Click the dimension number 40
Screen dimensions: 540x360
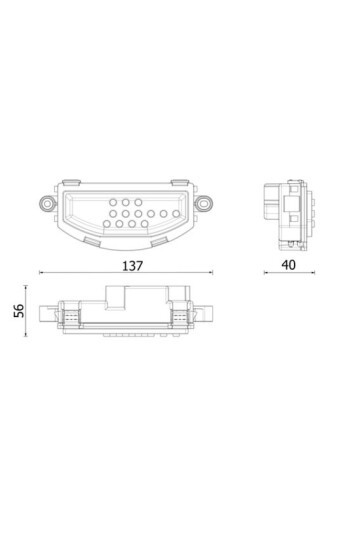(x=289, y=265)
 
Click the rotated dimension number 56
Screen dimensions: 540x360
(x=17, y=311)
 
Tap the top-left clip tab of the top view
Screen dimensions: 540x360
(x=71, y=181)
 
